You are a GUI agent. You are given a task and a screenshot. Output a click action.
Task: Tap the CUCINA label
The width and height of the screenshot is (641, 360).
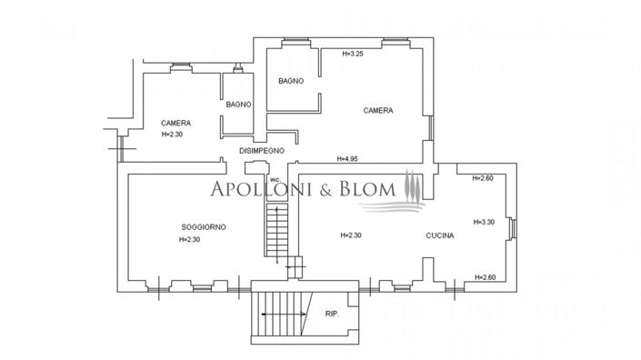coord(439,235)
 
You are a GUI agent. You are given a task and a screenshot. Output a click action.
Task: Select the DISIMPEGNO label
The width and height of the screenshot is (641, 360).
coord(262,150)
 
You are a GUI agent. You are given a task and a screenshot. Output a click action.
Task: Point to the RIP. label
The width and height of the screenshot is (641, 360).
coord(332,315)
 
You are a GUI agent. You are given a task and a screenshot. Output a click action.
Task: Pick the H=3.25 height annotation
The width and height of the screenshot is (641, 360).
coord(353,54)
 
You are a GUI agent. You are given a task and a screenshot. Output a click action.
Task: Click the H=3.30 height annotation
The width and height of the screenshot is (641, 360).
coord(485,222)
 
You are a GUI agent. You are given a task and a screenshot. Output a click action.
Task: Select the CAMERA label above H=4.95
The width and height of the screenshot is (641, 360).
coord(377,111)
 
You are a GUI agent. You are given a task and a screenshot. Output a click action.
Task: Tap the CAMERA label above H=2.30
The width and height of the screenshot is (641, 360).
coord(175,123)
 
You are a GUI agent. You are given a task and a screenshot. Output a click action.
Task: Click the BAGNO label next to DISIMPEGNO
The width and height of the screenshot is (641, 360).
coord(238,105)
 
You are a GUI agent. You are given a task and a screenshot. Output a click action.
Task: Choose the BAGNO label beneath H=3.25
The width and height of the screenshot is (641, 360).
coord(292,81)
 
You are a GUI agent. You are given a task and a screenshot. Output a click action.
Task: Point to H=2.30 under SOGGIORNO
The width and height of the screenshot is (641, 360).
coord(190,240)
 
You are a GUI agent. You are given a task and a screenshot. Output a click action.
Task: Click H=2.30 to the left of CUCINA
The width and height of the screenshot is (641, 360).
coord(350,235)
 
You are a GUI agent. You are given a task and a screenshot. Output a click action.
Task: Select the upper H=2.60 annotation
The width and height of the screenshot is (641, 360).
coord(483,178)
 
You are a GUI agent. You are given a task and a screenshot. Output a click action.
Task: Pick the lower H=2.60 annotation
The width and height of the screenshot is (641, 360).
coord(484,276)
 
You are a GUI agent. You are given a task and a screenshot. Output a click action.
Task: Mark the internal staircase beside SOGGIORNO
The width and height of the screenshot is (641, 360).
coord(275,229)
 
